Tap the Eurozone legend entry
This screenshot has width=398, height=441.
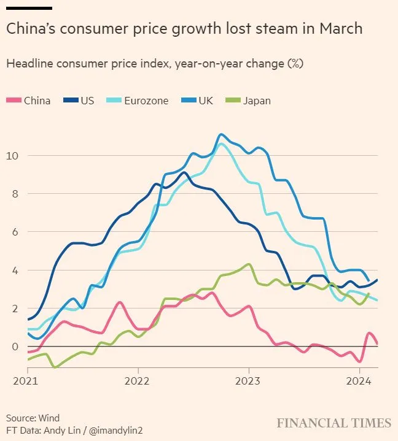pos(138,101)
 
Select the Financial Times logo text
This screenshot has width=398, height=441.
pos(334,423)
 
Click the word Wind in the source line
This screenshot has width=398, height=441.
pos(50,418)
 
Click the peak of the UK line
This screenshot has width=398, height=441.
pos(220,134)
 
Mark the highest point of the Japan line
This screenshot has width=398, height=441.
pos(248,264)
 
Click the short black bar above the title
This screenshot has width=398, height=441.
pos(29,8)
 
